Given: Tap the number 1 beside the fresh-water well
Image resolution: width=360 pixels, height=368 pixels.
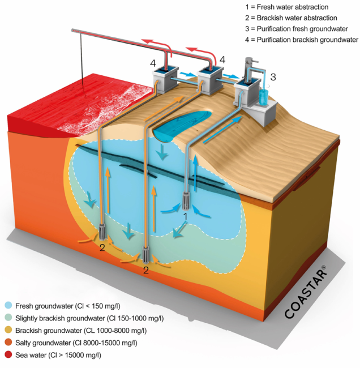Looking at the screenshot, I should (x=186, y=216).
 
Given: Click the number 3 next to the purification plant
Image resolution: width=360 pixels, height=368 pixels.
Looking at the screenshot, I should (x=274, y=76).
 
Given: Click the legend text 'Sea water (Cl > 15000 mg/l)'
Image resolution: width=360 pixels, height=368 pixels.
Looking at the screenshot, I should (x=59, y=355).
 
